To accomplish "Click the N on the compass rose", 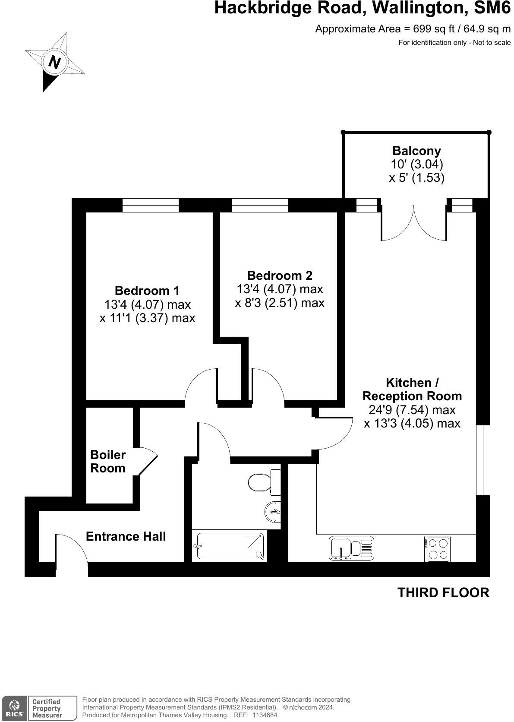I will [x=54, y=62].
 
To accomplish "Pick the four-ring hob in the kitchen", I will [x=437, y=549].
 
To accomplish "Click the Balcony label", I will [x=416, y=151].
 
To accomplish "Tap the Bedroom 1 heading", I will [x=147, y=291].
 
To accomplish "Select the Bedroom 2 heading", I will [x=279, y=275].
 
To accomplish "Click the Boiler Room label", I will [x=107, y=461].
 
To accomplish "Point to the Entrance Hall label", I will [x=126, y=536].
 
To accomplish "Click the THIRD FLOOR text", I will [x=443, y=592].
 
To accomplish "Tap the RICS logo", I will [x=14, y=708].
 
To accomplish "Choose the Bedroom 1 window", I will [x=150, y=205].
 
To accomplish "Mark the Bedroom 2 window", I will [x=259, y=205].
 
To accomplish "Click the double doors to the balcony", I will [x=413, y=222].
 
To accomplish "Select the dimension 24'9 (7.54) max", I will [x=412, y=409].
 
